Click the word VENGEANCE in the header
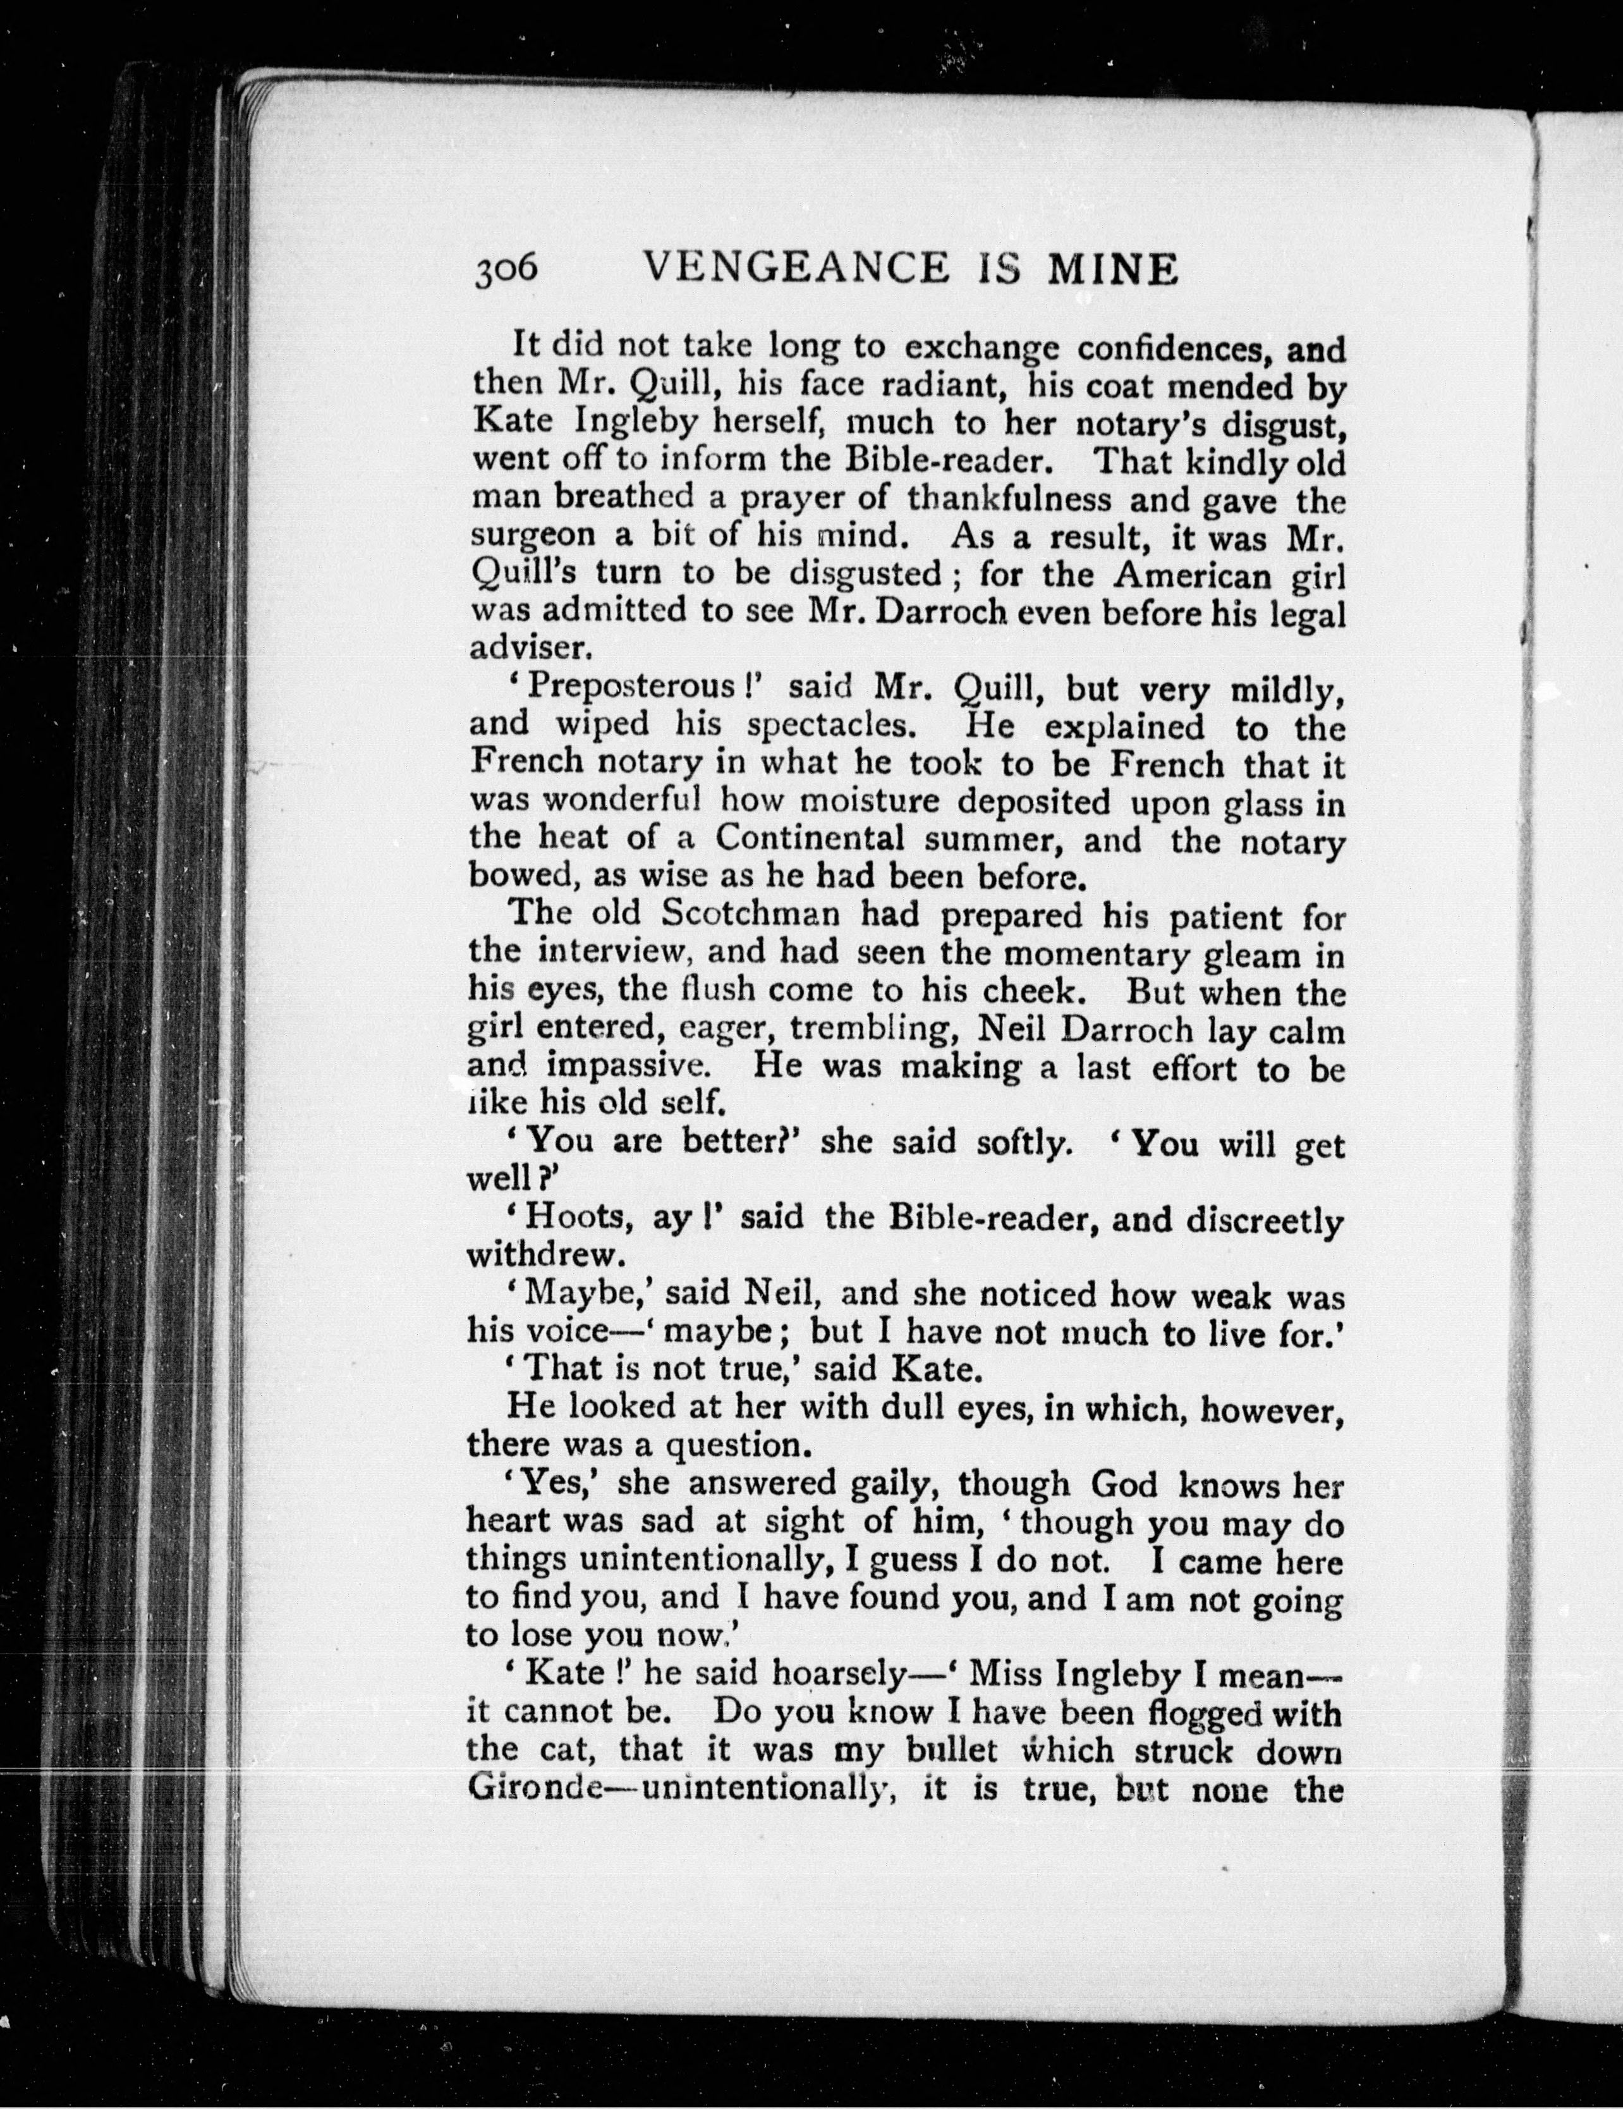(794, 269)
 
